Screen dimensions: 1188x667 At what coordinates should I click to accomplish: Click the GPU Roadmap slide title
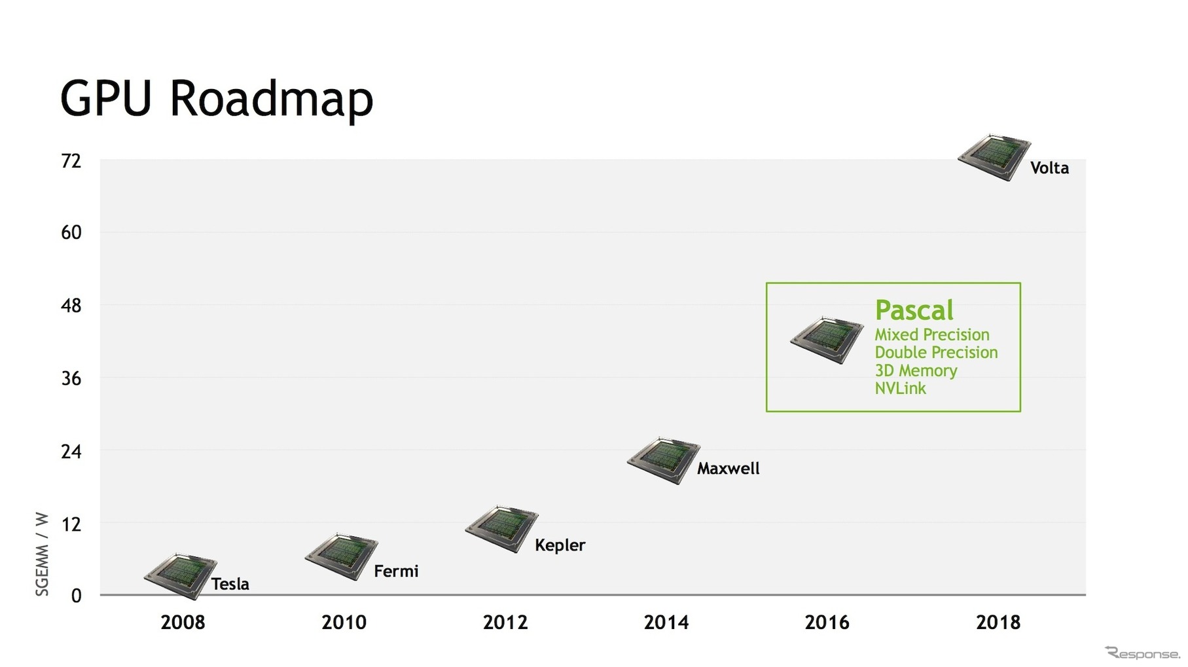click(217, 99)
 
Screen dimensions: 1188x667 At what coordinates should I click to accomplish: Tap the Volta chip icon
click(994, 158)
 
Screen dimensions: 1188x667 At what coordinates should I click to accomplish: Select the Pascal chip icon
click(827, 340)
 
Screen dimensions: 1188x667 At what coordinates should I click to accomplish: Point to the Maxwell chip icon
click(664, 461)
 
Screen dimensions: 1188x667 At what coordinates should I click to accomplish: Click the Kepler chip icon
click(502, 530)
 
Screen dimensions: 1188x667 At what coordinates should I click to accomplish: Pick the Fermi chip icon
click(342, 557)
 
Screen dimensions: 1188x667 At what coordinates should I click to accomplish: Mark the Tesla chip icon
click(181, 577)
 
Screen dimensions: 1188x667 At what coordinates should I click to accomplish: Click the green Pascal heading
click(914, 310)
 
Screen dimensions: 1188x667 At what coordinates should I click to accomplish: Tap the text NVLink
click(900, 388)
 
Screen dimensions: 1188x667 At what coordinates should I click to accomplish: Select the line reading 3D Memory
click(916, 370)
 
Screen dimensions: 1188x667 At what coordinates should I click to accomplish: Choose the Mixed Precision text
click(932, 334)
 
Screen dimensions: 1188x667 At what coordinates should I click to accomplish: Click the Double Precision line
click(936, 352)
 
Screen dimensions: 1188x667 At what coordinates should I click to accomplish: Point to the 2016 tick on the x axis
click(827, 622)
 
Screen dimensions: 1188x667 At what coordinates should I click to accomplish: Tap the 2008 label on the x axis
click(183, 622)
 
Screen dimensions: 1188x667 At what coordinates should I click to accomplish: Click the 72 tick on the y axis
click(71, 160)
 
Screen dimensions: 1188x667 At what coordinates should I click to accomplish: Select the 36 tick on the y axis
click(71, 378)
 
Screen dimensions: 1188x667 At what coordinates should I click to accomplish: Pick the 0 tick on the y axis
click(77, 596)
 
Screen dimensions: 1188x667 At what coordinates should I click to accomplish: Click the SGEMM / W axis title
click(42, 554)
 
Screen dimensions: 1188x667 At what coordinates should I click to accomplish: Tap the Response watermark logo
click(1142, 653)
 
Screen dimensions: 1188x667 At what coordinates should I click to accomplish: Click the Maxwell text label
click(729, 469)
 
